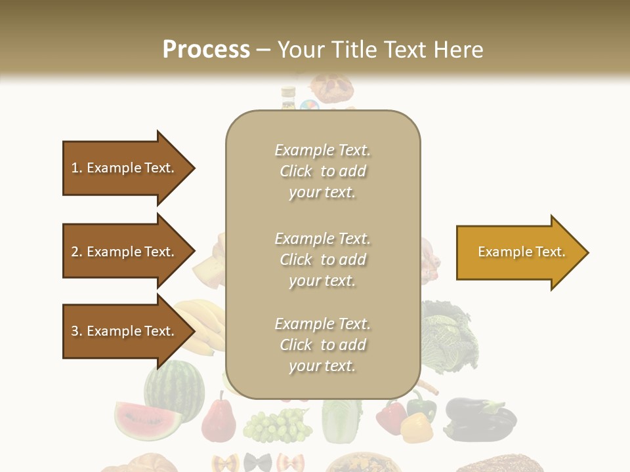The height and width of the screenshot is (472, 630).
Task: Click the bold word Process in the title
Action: tap(206, 50)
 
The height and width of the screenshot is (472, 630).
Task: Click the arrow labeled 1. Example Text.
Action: tap(125, 168)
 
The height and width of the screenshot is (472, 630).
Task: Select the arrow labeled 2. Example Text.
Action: tap(125, 252)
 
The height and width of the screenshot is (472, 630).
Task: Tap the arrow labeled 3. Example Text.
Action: tap(125, 331)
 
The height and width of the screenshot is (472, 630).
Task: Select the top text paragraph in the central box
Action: tap(322, 171)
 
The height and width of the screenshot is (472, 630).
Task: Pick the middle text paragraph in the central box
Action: tap(322, 260)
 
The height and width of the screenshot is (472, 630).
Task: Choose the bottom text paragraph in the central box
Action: tap(322, 345)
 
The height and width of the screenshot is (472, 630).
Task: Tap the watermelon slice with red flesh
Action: tap(147, 420)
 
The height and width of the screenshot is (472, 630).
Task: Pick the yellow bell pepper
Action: tap(416, 428)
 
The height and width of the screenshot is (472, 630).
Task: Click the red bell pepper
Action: tap(391, 416)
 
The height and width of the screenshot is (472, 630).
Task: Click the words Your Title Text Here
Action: tap(380, 50)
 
